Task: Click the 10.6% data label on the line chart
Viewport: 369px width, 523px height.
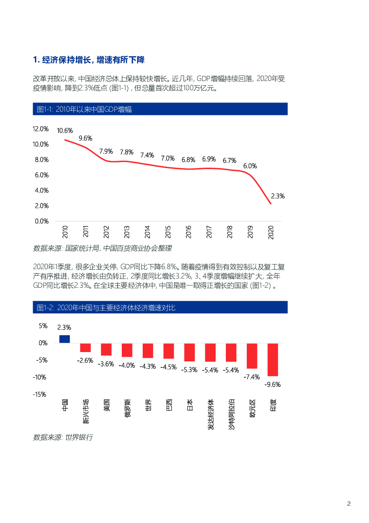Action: (x=65, y=130)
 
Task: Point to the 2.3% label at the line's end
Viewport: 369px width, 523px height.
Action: (x=277, y=196)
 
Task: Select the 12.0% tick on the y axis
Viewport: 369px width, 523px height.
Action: (x=41, y=129)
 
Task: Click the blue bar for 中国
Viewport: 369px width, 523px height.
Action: (x=65, y=339)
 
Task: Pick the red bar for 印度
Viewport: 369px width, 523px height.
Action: (x=273, y=360)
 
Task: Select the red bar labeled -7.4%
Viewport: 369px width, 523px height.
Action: (x=252, y=356)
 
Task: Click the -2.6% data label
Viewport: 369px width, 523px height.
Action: (x=85, y=360)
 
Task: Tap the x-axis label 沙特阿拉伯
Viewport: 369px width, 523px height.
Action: (x=231, y=414)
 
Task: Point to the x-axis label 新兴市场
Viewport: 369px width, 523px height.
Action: (x=86, y=411)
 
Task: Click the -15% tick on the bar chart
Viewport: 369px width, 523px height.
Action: (x=40, y=394)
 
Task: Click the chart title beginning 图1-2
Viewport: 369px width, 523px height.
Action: (x=106, y=308)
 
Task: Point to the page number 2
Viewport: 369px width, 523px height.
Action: (x=349, y=504)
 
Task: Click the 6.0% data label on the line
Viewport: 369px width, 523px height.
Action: (x=250, y=166)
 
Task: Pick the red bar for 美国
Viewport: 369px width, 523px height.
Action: (x=106, y=349)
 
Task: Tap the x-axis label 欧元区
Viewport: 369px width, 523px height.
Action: (x=252, y=408)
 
